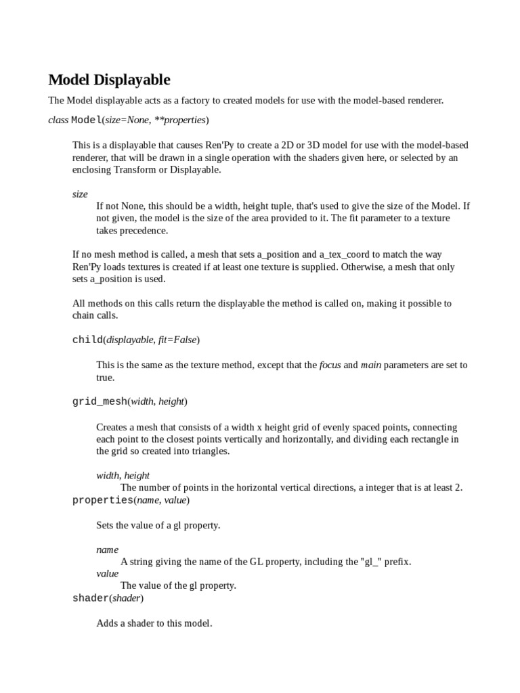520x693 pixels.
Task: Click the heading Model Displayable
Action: click(109, 80)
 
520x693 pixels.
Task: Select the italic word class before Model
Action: click(58, 120)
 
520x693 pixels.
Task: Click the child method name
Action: click(87, 340)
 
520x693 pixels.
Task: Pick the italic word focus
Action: click(330, 365)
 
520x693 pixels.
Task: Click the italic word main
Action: click(370, 365)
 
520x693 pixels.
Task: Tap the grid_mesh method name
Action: click(100, 401)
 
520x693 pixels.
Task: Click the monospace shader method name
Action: click(91, 598)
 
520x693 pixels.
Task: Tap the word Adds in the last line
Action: click(108, 623)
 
